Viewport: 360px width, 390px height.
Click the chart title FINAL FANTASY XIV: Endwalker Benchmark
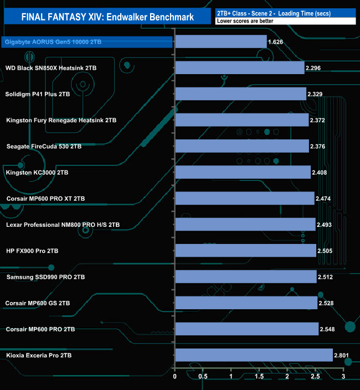108,17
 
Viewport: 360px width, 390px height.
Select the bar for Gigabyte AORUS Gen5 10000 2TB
220,41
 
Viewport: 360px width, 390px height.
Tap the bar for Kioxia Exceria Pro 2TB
253,355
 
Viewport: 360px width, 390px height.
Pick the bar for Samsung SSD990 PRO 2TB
245,277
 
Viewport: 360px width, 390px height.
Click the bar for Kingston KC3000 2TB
243,173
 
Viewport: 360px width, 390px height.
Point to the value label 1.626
276,42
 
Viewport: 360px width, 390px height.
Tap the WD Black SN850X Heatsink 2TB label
51,68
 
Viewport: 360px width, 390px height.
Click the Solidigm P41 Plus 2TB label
38,94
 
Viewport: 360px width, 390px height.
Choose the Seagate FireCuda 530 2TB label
44,147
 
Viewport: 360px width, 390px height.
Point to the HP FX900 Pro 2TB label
32,251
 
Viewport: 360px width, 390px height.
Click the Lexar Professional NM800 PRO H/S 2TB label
63,225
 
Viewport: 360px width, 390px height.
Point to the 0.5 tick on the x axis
203,377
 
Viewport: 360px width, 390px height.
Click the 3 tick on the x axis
343,377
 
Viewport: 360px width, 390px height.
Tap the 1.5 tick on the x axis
259,377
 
